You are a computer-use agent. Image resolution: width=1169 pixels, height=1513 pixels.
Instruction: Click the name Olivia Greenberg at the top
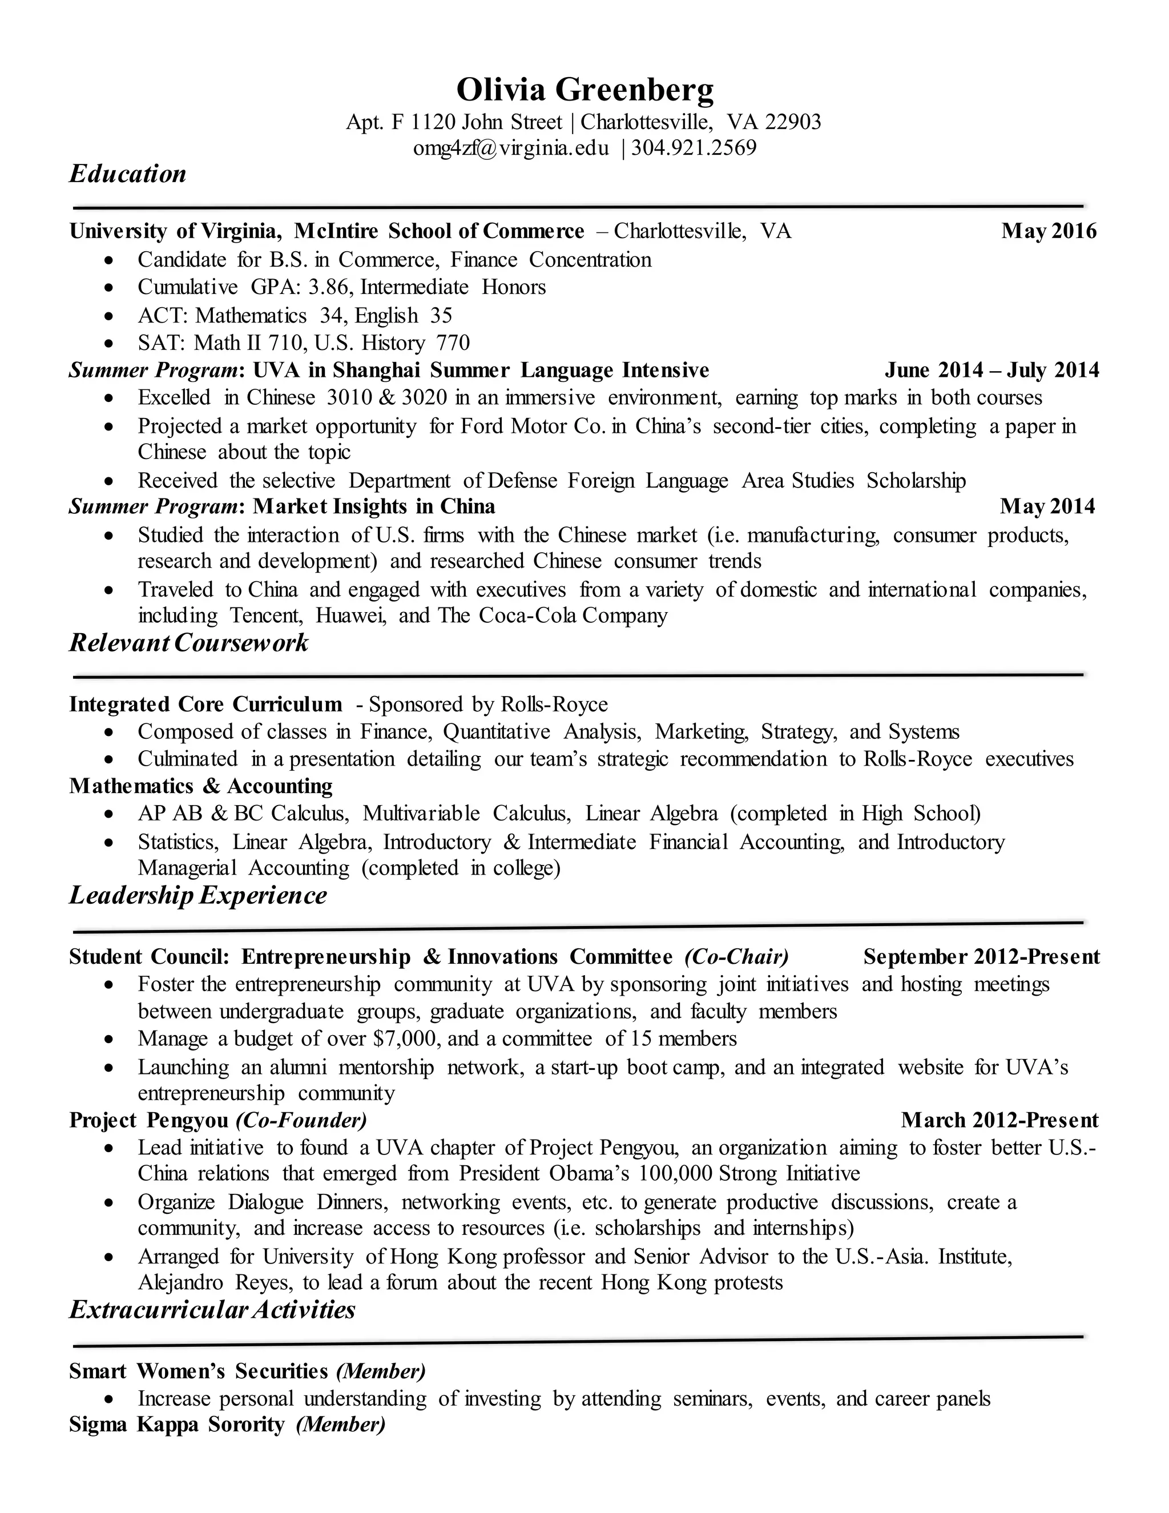[x=584, y=90]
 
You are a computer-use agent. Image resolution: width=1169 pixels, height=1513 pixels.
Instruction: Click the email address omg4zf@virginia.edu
[x=511, y=148]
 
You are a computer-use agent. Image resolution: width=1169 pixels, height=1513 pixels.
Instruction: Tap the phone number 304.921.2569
[x=694, y=148]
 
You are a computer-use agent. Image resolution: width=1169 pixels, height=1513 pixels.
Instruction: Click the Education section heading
[x=128, y=174]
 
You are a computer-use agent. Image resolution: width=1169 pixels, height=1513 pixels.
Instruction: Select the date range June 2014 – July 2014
[x=991, y=370]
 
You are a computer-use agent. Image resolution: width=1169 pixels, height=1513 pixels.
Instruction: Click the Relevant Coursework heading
[x=188, y=643]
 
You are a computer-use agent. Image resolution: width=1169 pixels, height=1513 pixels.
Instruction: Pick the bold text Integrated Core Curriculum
[x=205, y=705]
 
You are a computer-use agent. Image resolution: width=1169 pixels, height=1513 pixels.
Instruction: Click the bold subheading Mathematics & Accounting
[x=201, y=786]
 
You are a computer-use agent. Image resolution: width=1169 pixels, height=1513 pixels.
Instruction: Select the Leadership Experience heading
[x=198, y=896]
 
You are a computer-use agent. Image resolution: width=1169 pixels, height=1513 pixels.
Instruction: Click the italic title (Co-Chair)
[x=736, y=957]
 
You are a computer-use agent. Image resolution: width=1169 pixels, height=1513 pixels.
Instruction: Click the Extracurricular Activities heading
[x=212, y=1310]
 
